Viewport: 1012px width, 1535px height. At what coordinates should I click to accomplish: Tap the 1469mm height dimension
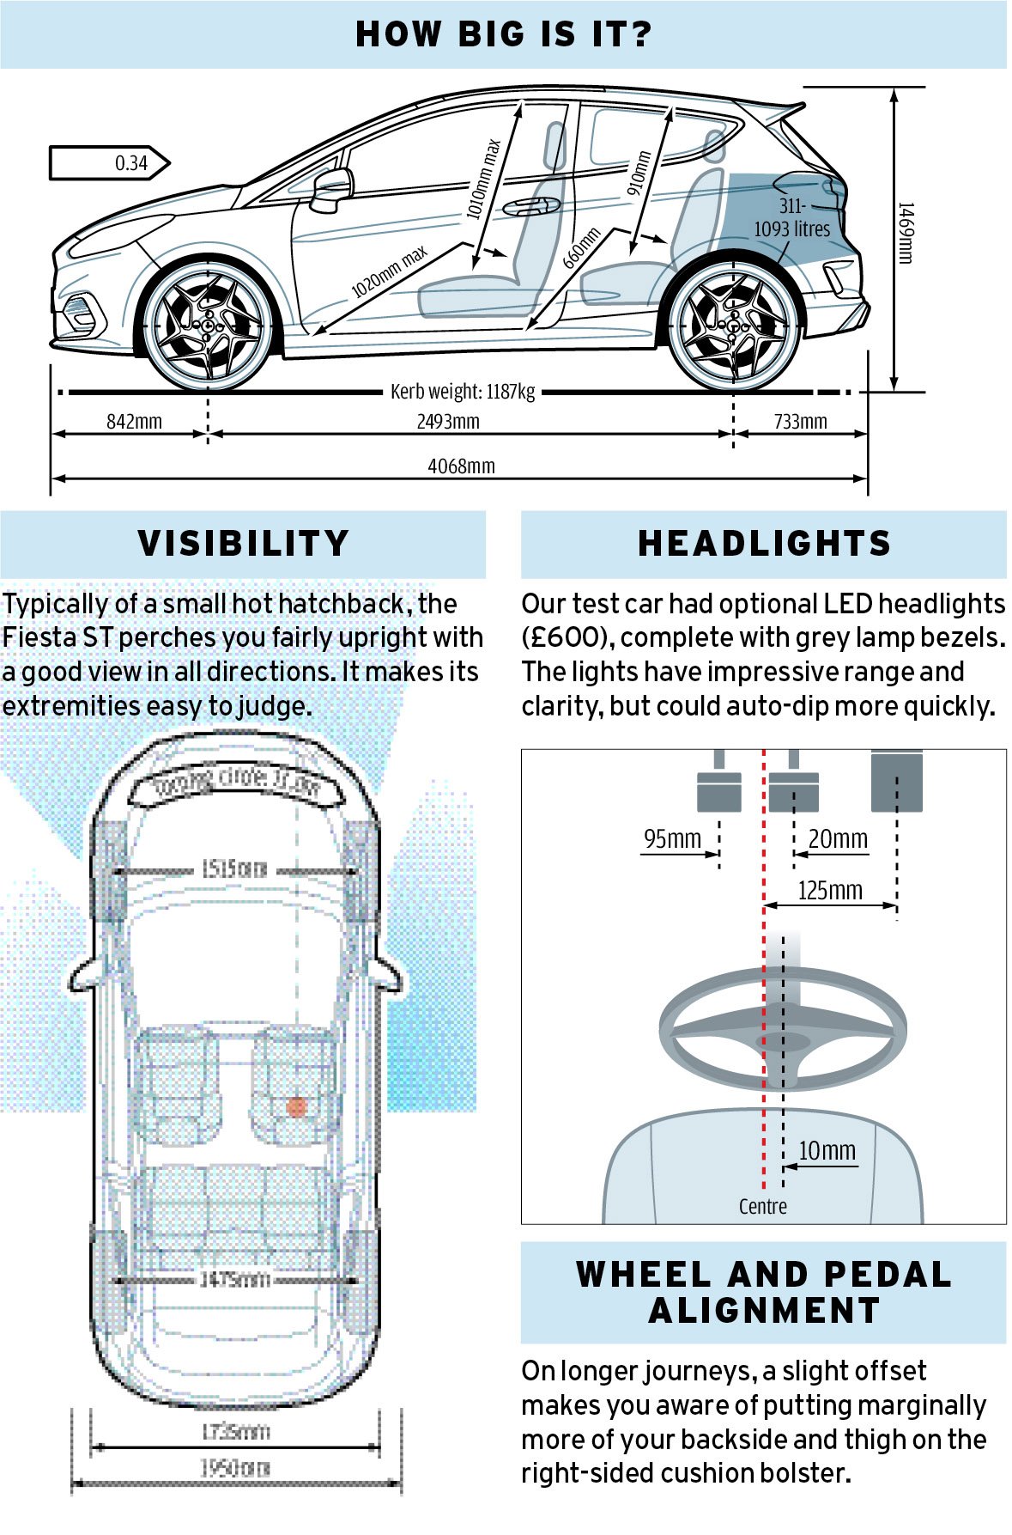pyautogui.click(x=906, y=233)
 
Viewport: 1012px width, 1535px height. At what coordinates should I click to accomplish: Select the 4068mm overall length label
pyautogui.click(x=461, y=466)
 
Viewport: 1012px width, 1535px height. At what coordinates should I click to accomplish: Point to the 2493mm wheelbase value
pyautogui.click(x=448, y=422)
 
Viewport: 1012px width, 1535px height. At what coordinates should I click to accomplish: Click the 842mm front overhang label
pyautogui.click(x=134, y=422)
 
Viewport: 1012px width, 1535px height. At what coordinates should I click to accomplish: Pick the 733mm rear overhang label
pyautogui.click(x=800, y=422)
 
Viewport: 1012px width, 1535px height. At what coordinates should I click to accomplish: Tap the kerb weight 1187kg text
pyautogui.click(x=463, y=392)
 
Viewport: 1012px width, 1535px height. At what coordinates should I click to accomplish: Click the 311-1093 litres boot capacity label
pyautogui.click(x=791, y=218)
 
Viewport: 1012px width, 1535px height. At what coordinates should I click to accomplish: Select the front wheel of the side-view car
pyautogui.click(x=209, y=326)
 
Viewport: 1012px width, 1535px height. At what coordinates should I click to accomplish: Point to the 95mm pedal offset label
pyautogui.click(x=672, y=838)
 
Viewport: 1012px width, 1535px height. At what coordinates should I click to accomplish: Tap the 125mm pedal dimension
pyautogui.click(x=829, y=890)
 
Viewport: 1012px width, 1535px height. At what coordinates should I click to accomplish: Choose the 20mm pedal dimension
pyautogui.click(x=838, y=838)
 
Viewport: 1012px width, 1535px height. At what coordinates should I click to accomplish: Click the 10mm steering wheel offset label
pyautogui.click(x=827, y=1150)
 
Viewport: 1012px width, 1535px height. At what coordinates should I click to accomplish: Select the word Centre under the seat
pyautogui.click(x=762, y=1206)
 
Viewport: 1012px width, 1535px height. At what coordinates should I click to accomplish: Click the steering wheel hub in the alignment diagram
pyautogui.click(x=783, y=1042)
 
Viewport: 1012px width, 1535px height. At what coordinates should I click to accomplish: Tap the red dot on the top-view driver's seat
pyautogui.click(x=297, y=1106)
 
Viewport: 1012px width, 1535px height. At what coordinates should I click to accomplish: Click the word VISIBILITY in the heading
pyautogui.click(x=244, y=544)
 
